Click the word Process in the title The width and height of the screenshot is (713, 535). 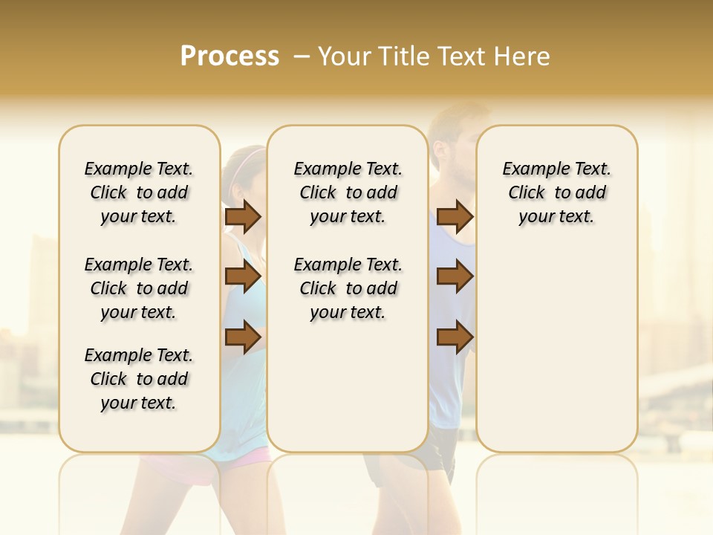[x=229, y=56]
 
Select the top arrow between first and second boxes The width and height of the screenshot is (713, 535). [x=243, y=217]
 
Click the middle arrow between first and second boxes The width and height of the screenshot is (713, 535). [x=243, y=277]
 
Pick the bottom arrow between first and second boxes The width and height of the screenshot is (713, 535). [x=243, y=337]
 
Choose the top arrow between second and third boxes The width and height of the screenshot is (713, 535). [x=455, y=217]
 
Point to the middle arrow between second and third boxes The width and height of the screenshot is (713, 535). [x=455, y=277]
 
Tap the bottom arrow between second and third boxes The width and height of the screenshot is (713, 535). [x=455, y=337]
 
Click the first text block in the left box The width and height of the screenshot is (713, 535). [x=139, y=192]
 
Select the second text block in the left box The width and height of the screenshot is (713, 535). [x=139, y=288]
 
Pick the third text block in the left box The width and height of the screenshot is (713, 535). [x=139, y=379]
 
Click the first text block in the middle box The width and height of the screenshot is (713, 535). [x=348, y=192]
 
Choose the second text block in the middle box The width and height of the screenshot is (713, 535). [x=348, y=288]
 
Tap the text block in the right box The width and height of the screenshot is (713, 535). [x=556, y=192]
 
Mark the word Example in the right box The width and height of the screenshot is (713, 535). [x=530, y=169]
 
